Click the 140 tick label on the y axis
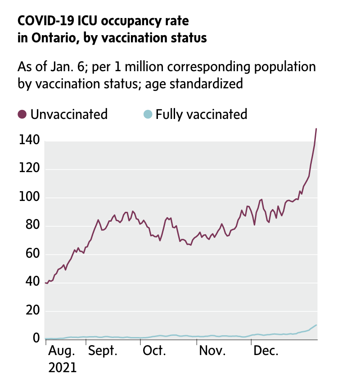pyautogui.click(x=29, y=141)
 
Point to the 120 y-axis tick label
pyautogui.click(x=29, y=169)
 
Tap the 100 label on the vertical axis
pyautogui.click(x=29, y=198)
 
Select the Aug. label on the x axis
pyautogui.click(x=62, y=351)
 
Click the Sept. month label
pyautogui.click(x=103, y=351)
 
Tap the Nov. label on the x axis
pyautogui.click(x=212, y=351)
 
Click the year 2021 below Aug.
pyautogui.click(x=62, y=367)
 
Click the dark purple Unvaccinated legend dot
pyautogui.click(x=22, y=114)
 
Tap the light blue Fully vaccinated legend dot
pyautogui.click(x=147, y=114)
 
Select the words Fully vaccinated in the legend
pyautogui.click(x=201, y=114)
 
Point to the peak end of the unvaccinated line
pyautogui.click(x=316, y=129)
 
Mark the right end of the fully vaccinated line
pyautogui.click(x=316, y=325)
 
